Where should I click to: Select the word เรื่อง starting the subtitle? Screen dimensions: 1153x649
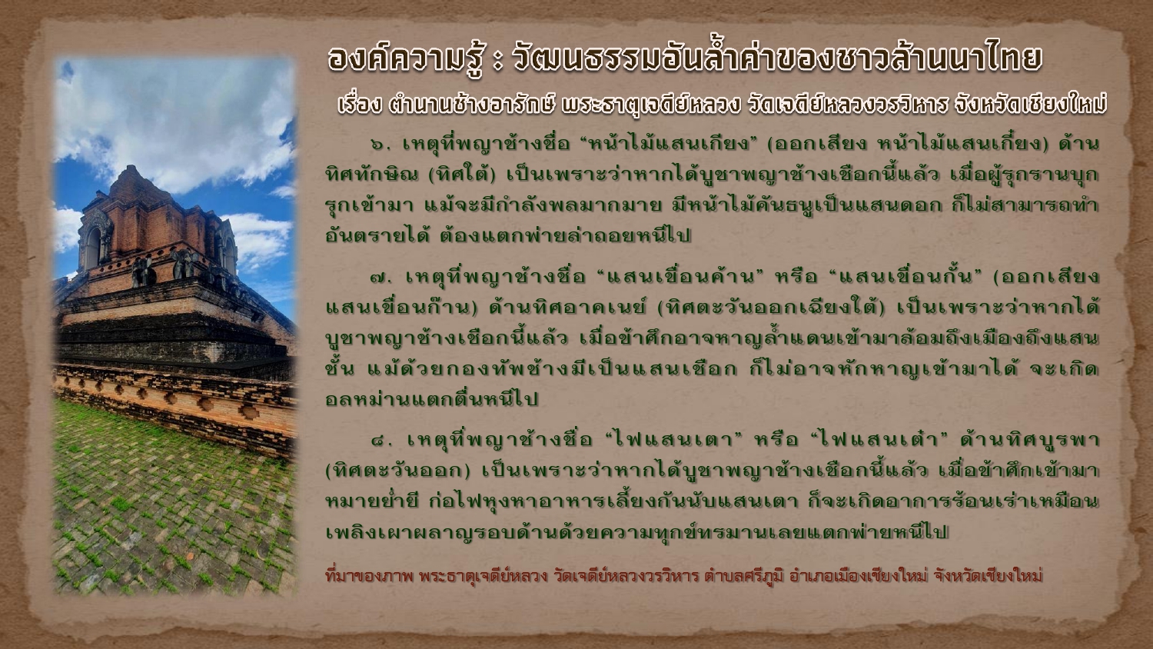[x=360, y=105]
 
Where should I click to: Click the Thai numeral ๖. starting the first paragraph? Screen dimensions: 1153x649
[x=380, y=145]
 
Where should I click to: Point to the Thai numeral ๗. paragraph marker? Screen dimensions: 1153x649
[x=381, y=278]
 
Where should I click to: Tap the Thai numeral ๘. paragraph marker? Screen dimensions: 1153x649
[x=382, y=441]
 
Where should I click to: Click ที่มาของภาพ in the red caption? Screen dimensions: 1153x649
[x=369, y=575]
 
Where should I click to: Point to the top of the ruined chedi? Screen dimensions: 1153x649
[x=129, y=170]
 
